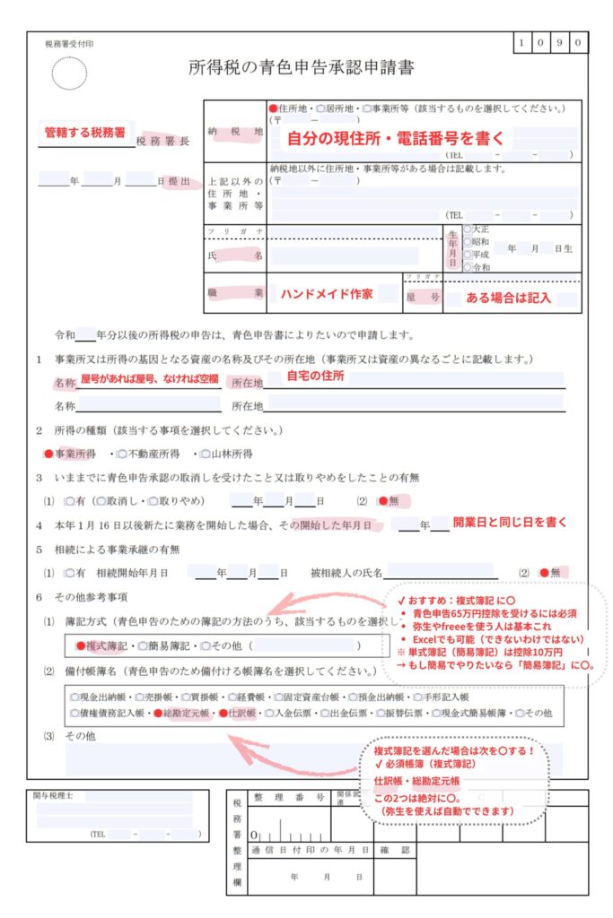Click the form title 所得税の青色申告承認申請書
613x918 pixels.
(302, 67)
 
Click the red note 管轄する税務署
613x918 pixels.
(85, 132)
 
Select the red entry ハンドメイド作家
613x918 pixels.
(327, 294)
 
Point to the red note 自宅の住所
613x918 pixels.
(315, 377)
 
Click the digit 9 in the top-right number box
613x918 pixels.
(563, 42)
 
